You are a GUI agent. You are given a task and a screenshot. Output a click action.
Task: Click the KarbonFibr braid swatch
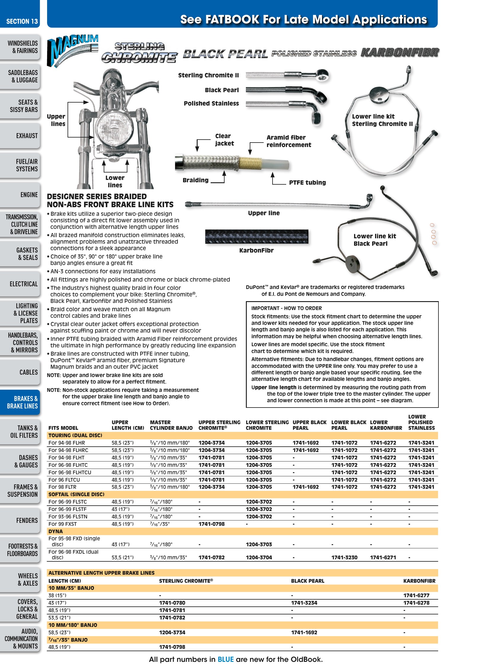(x=257, y=237)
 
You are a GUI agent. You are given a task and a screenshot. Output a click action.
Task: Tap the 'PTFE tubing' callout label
(x=307, y=183)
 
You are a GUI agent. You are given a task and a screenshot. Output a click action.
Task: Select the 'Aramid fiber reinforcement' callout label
(x=289, y=141)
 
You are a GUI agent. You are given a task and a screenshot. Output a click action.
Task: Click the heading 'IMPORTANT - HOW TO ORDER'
(x=286, y=308)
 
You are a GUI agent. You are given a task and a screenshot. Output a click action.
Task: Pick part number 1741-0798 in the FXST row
(x=212, y=524)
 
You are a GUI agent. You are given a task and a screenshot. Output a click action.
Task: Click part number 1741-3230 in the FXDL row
(x=344, y=558)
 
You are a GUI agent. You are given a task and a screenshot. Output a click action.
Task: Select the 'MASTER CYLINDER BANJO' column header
(x=171, y=425)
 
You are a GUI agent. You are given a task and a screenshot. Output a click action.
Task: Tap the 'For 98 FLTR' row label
(x=62, y=487)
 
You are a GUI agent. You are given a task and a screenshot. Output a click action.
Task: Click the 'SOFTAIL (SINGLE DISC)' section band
(x=242, y=494)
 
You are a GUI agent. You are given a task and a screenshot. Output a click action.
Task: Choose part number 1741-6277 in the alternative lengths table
(x=416, y=595)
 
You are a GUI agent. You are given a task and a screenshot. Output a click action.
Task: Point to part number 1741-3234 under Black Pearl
(x=304, y=603)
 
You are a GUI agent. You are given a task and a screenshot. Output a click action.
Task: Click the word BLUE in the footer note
(x=226, y=659)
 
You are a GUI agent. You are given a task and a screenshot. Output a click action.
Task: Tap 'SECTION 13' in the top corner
(x=22, y=21)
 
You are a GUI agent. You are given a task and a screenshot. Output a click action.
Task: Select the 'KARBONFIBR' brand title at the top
(x=400, y=53)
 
